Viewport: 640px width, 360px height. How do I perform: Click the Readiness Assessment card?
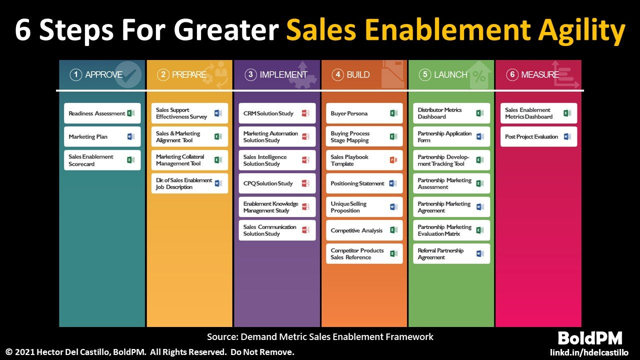coord(102,113)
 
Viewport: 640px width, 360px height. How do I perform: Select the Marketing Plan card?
coord(102,136)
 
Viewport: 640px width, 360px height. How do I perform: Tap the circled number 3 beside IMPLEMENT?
coord(250,75)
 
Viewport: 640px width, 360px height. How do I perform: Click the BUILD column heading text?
coord(358,75)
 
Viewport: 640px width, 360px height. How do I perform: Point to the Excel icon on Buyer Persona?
coord(393,113)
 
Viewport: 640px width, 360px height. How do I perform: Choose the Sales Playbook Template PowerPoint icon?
coord(393,160)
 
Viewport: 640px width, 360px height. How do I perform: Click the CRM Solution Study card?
coord(277,113)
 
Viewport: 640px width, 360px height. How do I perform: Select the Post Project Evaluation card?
coord(538,136)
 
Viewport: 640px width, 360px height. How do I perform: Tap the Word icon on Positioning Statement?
coord(393,183)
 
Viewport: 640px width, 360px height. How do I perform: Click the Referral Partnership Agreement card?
coord(451,253)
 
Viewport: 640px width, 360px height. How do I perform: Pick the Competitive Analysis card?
coord(364,230)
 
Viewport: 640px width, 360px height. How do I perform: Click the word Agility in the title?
coord(581,31)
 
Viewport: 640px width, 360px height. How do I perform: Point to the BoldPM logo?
coord(590,338)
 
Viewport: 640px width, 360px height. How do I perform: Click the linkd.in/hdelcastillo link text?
coord(589,352)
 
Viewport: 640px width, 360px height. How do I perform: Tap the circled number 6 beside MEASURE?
coord(512,75)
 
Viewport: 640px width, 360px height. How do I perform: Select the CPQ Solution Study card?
coord(277,183)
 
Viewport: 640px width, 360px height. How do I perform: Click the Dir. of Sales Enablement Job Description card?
coord(189,183)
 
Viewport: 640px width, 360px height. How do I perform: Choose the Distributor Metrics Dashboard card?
coord(451,113)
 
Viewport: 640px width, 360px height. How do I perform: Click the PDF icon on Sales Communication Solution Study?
coord(305,230)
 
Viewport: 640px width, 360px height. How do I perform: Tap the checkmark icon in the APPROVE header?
coord(128,74)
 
